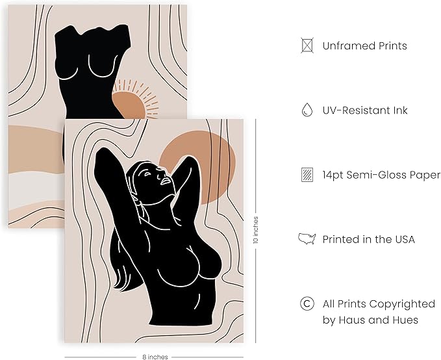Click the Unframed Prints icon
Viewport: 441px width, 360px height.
[307, 45]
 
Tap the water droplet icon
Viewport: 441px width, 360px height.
[307, 109]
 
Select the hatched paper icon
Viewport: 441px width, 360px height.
[307, 175]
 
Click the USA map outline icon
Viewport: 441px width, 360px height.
[307, 238]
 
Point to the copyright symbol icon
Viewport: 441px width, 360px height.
[307, 303]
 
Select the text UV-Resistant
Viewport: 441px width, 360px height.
[353, 110]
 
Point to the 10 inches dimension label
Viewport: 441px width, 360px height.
[256, 229]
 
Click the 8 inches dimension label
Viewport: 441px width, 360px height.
[155, 357]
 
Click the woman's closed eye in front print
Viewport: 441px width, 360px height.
[147, 174]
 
